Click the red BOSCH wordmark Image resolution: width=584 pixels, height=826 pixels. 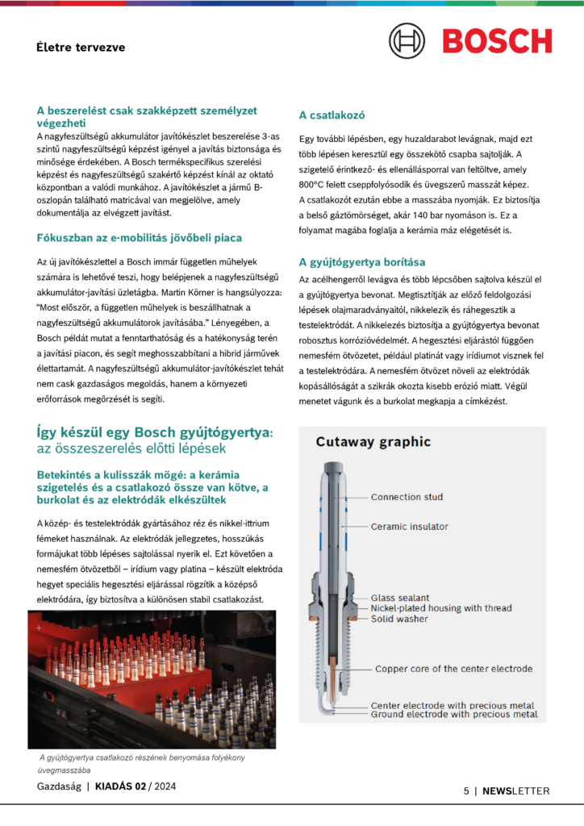coord(497,40)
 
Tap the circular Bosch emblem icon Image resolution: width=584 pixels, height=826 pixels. coord(407,40)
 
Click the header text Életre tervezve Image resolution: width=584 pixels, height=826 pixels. coord(81,48)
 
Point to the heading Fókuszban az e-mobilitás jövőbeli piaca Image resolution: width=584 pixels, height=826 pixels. coord(140,238)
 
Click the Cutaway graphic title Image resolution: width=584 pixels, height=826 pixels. coord(373,442)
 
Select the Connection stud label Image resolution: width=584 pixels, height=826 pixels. coord(407,497)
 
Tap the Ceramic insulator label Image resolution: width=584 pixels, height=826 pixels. coord(409,527)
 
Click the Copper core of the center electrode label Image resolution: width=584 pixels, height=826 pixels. coord(453,669)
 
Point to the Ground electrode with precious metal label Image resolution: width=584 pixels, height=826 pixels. coord(454,715)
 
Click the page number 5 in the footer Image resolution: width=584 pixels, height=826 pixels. coord(466,791)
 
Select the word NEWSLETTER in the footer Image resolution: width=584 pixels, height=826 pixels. coord(516,791)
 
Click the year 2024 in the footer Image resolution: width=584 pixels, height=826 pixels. coord(165,786)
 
